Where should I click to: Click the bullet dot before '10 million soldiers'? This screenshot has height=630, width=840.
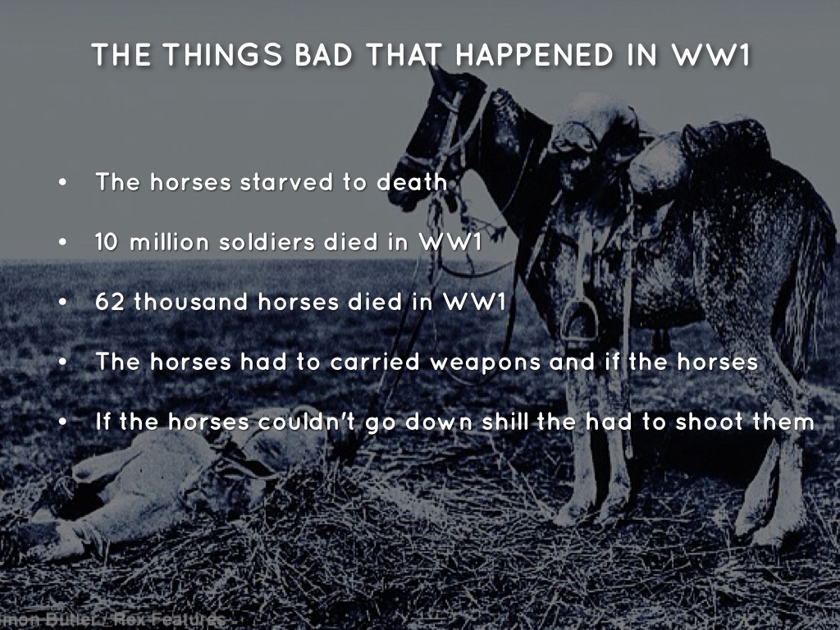click(x=63, y=244)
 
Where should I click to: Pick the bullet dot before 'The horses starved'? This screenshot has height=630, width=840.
click(x=63, y=183)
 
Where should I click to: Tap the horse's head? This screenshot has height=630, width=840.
click(x=435, y=131)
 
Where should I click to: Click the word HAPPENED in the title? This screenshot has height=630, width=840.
click(x=534, y=55)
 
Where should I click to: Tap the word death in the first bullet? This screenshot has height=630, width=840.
click(x=411, y=182)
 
